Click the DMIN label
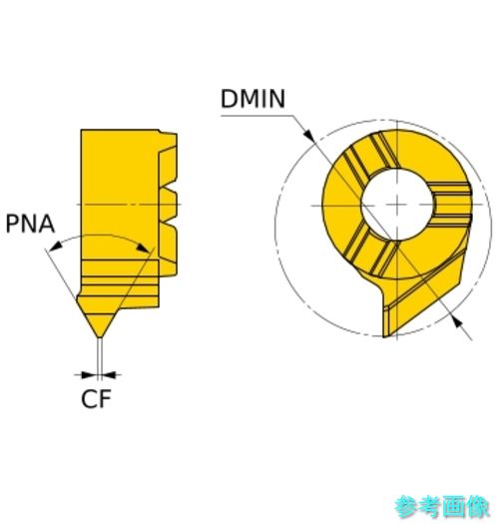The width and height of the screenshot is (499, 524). (x=252, y=99)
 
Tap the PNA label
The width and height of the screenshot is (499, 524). (x=30, y=224)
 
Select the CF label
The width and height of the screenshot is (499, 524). (x=96, y=398)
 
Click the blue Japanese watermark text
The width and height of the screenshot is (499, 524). (x=442, y=507)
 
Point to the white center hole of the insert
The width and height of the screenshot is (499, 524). (x=397, y=205)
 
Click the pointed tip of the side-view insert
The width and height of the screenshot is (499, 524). (x=99, y=336)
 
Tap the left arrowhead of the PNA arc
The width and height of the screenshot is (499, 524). (x=56, y=247)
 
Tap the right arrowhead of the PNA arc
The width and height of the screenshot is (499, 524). (x=144, y=248)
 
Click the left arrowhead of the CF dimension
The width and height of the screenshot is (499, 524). (x=89, y=374)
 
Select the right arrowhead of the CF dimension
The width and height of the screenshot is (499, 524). (x=109, y=374)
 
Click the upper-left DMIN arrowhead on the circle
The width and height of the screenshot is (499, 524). (x=308, y=135)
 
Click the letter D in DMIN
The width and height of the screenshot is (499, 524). (x=229, y=99)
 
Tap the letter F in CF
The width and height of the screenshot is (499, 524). (x=105, y=398)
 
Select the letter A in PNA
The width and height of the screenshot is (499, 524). (x=47, y=224)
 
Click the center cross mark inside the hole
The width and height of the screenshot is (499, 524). (x=397, y=205)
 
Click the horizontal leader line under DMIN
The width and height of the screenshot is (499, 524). (x=257, y=116)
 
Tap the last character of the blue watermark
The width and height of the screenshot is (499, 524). (x=479, y=507)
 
